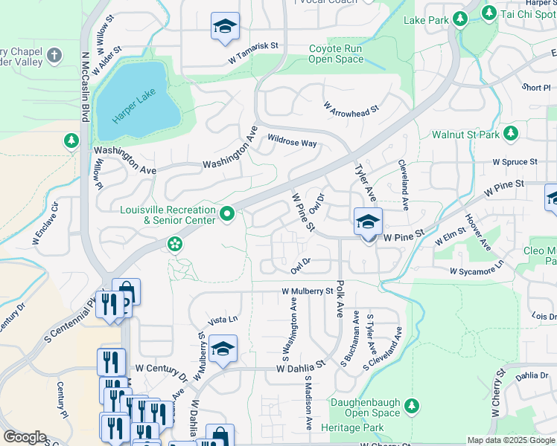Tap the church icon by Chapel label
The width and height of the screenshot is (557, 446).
click(54, 55)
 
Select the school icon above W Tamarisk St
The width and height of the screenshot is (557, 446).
click(225, 28)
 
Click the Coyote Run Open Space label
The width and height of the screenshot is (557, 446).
click(335, 54)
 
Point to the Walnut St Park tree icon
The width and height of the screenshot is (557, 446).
click(511, 133)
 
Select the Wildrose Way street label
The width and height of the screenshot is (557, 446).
click(292, 141)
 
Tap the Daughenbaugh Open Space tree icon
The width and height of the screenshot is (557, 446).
click(411, 406)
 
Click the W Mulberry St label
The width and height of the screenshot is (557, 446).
click(307, 291)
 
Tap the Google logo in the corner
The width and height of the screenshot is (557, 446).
click(25, 437)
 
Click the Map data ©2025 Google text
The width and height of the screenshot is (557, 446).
click(510, 440)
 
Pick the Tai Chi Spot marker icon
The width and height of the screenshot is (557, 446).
click(489, 13)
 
